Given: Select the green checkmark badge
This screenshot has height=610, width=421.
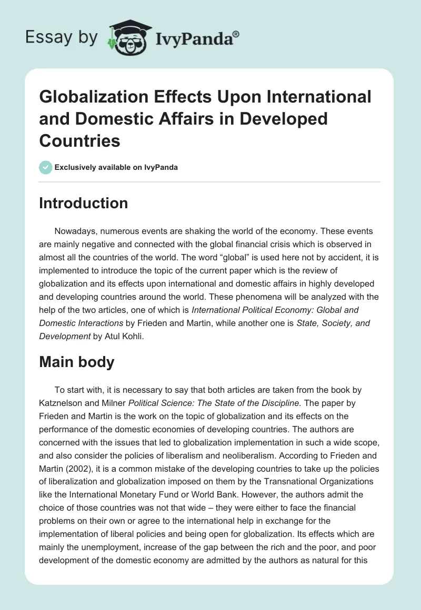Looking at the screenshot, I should coord(45,167).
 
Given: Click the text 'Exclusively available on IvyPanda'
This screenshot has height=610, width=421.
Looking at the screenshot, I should coord(116,167).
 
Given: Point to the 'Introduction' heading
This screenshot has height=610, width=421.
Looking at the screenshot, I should coord(84,203).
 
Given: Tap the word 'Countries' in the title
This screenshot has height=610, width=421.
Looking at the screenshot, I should coord(79,140).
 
